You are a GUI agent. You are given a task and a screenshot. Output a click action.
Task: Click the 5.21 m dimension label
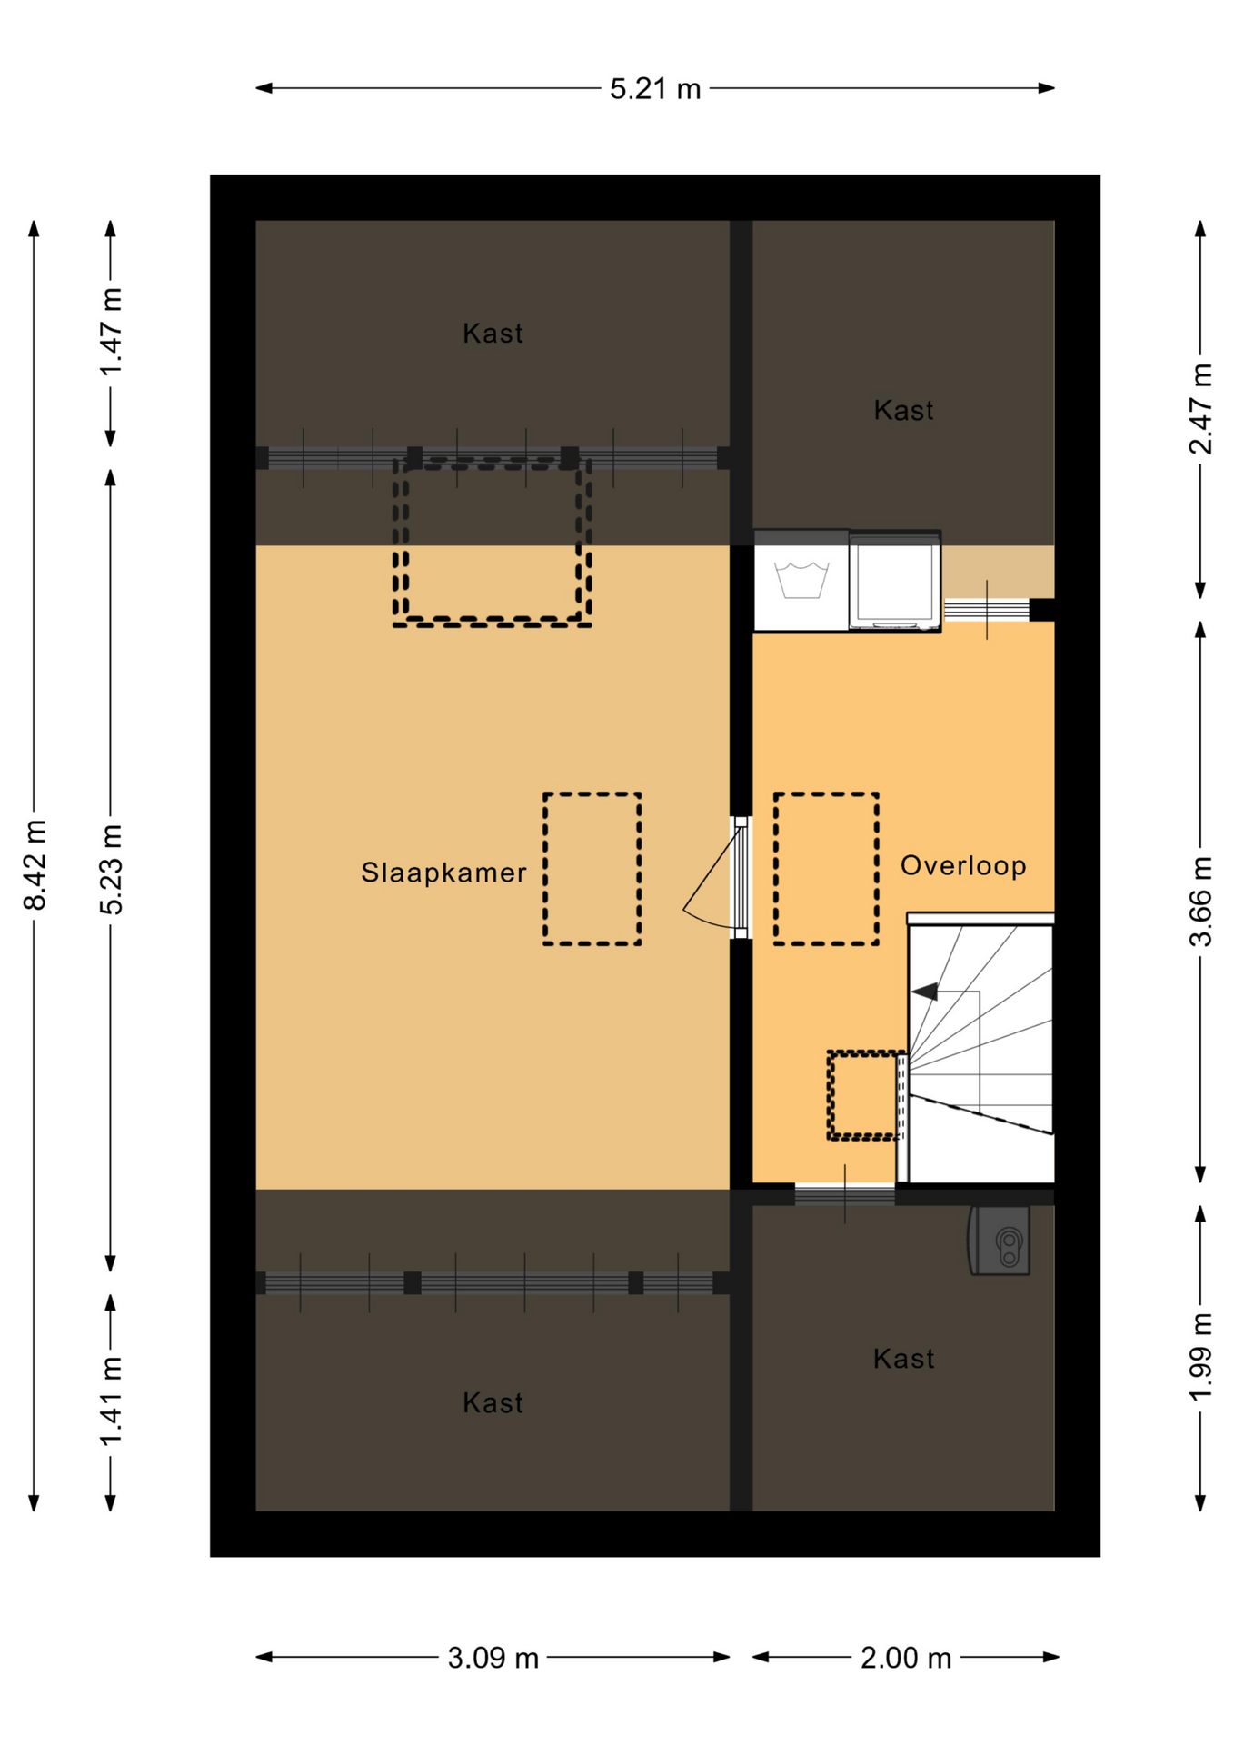[654, 89]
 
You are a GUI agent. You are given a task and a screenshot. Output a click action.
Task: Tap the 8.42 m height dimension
[35, 864]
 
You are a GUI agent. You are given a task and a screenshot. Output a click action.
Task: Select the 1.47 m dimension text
[111, 332]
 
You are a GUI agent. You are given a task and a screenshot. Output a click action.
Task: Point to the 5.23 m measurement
[111, 869]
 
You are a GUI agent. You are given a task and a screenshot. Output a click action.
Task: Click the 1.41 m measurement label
[111, 1401]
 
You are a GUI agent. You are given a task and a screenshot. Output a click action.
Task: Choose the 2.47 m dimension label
[1200, 408]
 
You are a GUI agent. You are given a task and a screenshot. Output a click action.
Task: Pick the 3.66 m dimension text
[1200, 902]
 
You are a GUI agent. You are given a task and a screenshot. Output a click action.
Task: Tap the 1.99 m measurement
[1200, 1357]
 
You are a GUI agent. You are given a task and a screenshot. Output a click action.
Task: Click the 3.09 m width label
[493, 1659]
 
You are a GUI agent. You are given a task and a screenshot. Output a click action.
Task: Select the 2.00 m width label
[905, 1659]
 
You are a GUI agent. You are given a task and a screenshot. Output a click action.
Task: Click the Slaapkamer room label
[443, 872]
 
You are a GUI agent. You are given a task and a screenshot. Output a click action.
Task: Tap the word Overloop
[963, 865]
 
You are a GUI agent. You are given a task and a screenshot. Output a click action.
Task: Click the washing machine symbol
[801, 582]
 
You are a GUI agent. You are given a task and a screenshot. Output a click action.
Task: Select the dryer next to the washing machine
[895, 582]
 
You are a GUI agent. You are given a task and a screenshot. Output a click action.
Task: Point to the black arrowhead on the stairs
[925, 992]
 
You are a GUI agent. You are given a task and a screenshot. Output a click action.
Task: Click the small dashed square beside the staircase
[864, 1095]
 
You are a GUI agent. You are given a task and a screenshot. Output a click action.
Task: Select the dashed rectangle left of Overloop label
[826, 869]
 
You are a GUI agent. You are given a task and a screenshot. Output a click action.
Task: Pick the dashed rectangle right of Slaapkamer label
[592, 869]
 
